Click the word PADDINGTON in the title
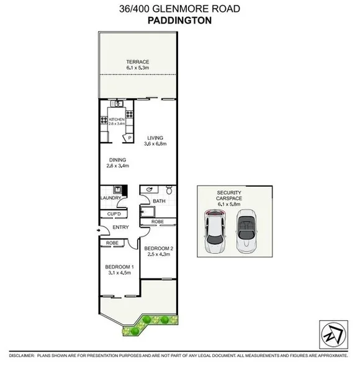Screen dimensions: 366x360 tap(179, 20)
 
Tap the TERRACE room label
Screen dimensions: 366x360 tap(138, 62)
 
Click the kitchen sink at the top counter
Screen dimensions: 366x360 tap(116, 104)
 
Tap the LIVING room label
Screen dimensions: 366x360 tap(155, 138)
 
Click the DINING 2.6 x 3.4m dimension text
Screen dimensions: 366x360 tap(118, 166)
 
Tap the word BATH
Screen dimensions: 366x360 tap(159, 201)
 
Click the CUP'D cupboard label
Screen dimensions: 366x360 tap(114, 214)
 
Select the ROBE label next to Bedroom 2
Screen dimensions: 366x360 tap(157, 221)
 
